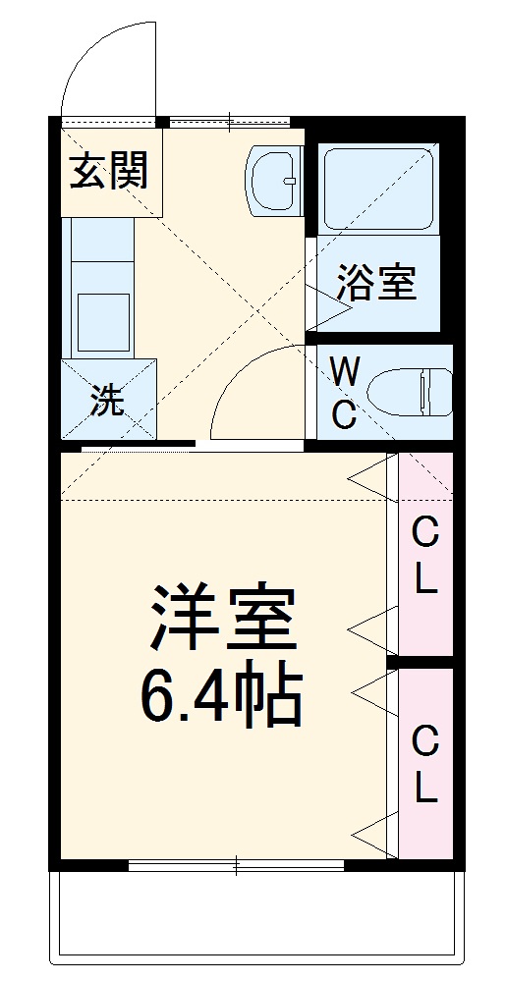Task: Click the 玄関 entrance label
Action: click(109, 171)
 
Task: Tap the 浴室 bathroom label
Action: click(376, 283)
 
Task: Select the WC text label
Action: click(343, 393)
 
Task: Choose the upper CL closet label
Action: click(424, 555)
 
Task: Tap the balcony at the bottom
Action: click(255, 913)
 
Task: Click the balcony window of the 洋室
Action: click(236, 865)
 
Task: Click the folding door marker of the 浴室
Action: click(329, 304)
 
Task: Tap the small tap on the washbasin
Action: click(288, 180)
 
